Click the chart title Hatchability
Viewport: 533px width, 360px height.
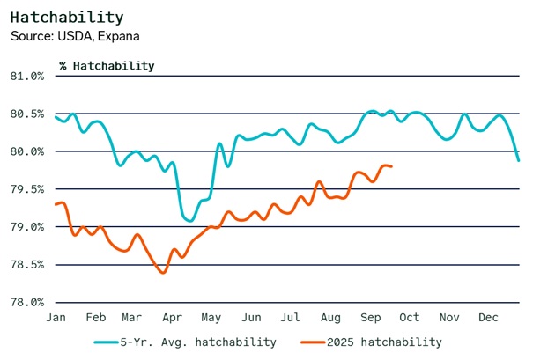pos(67,18)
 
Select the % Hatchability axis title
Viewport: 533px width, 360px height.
pos(107,65)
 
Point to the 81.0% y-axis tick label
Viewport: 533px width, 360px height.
pos(26,76)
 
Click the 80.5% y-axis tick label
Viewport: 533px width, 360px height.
pos(26,114)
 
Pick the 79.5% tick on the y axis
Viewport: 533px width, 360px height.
pos(26,189)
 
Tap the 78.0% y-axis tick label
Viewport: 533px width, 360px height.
pos(26,302)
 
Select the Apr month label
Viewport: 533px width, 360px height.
pos(173,317)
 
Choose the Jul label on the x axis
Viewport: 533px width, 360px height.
pos(291,317)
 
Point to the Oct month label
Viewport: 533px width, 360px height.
pos(410,317)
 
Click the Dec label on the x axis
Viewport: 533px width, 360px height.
pos(489,317)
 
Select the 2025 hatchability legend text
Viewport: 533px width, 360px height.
pos(384,342)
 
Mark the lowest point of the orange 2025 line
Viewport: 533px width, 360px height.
pos(163,272)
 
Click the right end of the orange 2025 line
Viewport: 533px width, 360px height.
pos(391,166)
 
